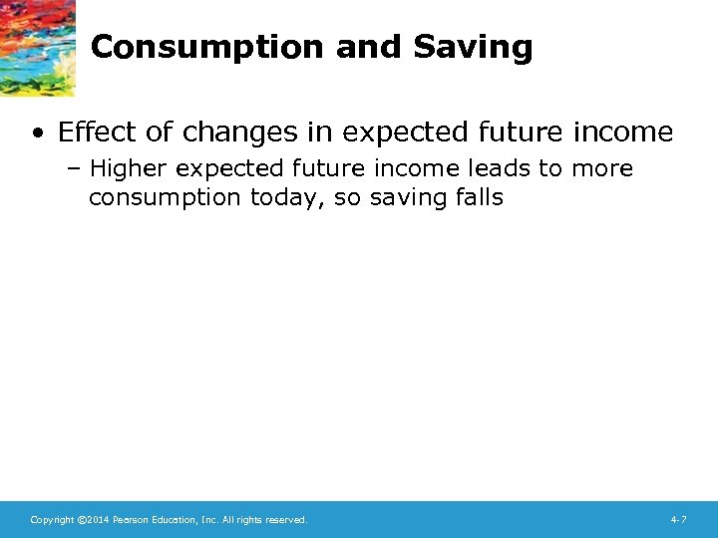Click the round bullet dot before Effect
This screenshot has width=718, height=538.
(37, 133)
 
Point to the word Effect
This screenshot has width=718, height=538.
(95, 132)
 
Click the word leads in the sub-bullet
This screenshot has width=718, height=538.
(505, 169)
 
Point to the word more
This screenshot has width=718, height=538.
(601, 169)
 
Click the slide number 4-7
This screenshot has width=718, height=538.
(678, 520)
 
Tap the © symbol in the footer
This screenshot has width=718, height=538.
(81, 520)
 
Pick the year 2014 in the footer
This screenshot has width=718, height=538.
(98, 520)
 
